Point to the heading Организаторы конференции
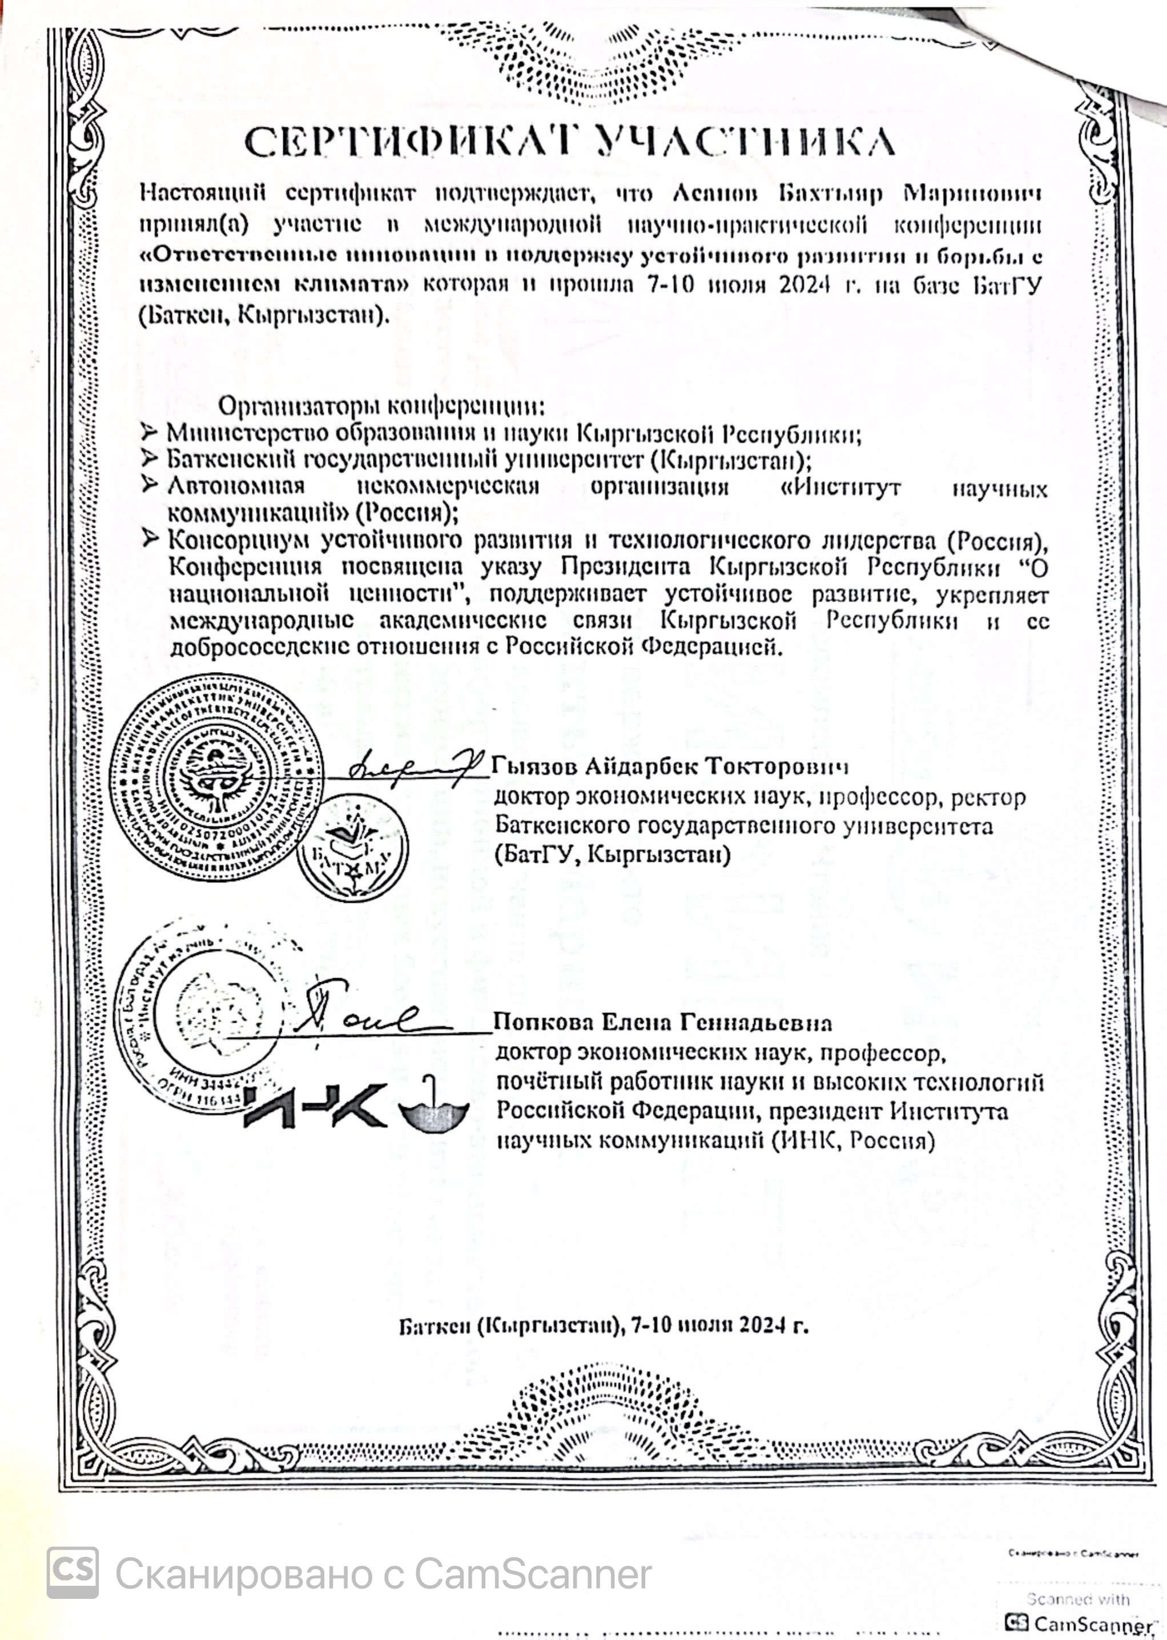[x=381, y=407]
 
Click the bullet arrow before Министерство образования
[x=149, y=433]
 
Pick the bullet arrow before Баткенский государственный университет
[x=149, y=459]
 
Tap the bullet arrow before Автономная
[x=149, y=485]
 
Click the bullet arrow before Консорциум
[x=149, y=538]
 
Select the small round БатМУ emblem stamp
[x=353, y=848]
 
